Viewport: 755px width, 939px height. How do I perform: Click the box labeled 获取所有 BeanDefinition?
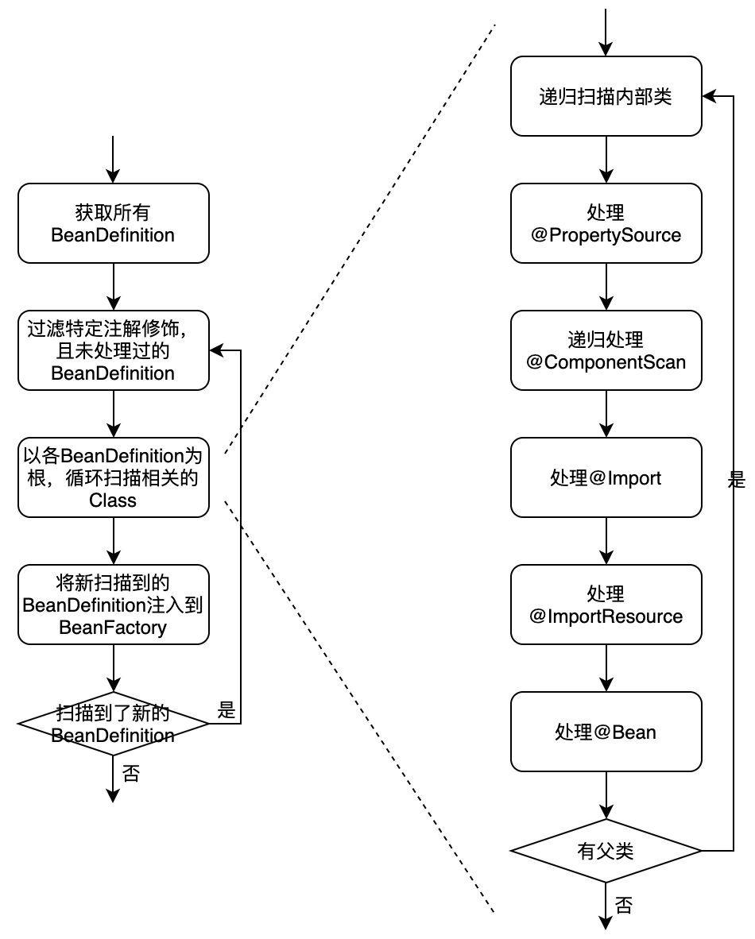point(113,223)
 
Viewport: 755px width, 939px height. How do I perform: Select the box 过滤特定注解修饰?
point(113,350)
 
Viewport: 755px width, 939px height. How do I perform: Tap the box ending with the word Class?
point(113,477)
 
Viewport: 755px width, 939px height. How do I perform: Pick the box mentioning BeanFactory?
point(113,605)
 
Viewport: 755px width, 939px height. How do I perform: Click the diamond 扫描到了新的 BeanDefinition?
point(113,724)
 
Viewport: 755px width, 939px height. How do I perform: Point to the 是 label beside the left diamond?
point(226,711)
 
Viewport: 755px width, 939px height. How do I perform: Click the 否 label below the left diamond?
point(131,773)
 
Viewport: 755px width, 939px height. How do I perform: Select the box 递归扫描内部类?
point(606,96)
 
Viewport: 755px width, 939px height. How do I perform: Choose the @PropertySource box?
point(606,223)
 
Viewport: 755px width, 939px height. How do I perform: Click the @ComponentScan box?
point(606,350)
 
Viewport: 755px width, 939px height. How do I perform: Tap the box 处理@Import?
point(606,477)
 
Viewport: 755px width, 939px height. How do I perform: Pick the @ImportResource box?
point(606,605)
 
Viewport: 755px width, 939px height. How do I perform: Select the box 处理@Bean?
point(606,732)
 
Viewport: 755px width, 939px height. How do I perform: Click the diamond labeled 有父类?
point(606,850)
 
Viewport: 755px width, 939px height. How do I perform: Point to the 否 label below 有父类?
point(624,905)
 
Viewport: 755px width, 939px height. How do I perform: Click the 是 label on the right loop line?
point(737,479)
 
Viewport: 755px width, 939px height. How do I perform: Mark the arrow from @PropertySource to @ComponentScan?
point(606,287)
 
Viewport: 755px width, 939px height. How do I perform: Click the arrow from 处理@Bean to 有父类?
point(606,795)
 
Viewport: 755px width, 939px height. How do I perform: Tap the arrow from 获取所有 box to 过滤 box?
point(113,287)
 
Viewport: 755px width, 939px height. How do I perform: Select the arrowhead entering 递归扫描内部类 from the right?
point(709,96)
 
